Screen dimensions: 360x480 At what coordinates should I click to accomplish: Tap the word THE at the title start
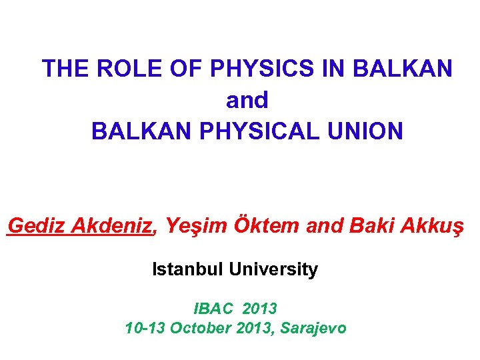65,68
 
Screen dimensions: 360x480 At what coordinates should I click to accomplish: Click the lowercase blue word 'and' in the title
247,100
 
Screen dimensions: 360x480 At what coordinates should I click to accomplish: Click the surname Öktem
267,227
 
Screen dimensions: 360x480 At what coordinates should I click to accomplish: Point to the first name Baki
371,227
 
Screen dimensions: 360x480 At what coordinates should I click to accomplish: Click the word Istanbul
188,270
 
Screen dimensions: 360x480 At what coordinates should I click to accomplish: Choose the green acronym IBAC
215,309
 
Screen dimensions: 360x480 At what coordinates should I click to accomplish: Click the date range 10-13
145,328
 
